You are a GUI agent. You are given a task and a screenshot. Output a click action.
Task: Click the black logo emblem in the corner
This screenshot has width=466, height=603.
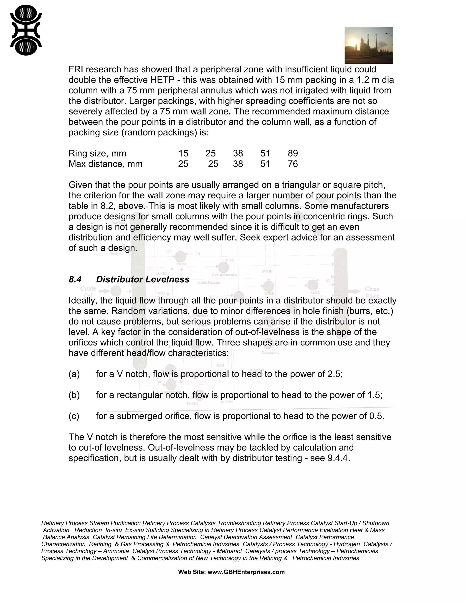tap(26, 30)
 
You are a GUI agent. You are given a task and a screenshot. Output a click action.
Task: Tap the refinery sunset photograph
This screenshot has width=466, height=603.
tap(369, 45)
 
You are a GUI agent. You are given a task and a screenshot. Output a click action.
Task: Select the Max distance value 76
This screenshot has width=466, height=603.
tap(293, 164)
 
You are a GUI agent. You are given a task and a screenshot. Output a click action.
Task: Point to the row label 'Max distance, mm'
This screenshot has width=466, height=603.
tap(105, 164)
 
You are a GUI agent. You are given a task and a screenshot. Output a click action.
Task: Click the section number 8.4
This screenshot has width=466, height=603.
tap(75, 279)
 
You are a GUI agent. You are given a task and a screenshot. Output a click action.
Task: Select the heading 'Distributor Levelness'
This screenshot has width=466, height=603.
tap(142, 279)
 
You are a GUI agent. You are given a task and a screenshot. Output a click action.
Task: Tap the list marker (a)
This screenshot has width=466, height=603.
tap(74, 374)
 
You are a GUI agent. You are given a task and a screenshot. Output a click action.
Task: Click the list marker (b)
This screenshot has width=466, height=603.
tap(74, 395)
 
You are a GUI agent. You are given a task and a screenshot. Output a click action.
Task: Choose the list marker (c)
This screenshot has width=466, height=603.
tap(74, 416)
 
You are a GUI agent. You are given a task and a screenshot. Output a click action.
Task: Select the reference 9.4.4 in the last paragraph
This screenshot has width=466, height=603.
tap(338, 458)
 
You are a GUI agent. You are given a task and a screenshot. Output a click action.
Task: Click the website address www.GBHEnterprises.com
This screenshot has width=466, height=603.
tap(246, 572)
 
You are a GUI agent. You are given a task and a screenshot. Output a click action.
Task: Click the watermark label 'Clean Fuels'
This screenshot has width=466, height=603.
tap(372, 292)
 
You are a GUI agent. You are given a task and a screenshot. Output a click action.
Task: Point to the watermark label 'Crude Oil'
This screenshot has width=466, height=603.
tap(88, 291)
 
